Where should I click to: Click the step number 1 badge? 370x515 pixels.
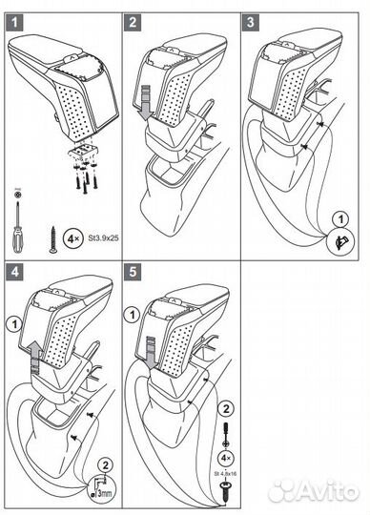click(x=14, y=23)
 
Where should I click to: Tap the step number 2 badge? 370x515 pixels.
click(x=133, y=23)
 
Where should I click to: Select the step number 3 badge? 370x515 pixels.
click(x=251, y=23)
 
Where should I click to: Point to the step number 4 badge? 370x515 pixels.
click(x=14, y=272)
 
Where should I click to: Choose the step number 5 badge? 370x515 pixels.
click(x=133, y=272)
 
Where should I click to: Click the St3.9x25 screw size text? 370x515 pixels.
click(x=103, y=237)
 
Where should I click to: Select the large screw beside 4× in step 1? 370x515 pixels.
click(x=52, y=239)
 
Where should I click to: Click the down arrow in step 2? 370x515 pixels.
click(x=144, y=103)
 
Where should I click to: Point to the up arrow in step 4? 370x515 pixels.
click(x=35, y=358)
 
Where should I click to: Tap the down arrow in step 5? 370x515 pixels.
click(x=151, y=354)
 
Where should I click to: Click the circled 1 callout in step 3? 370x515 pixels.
click(x=340, y=219)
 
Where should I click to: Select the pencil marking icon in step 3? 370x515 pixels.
click(x=340, y=241)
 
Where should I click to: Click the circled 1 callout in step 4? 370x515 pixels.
click(x=14, y=325)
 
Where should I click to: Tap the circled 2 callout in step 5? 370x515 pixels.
click(x=226, y=409)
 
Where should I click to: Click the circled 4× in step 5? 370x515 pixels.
click(x=226, y=458)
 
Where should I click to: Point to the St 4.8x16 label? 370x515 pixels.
click(x=225, y=474)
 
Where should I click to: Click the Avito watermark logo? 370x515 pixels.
click(x=314, y=491)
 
